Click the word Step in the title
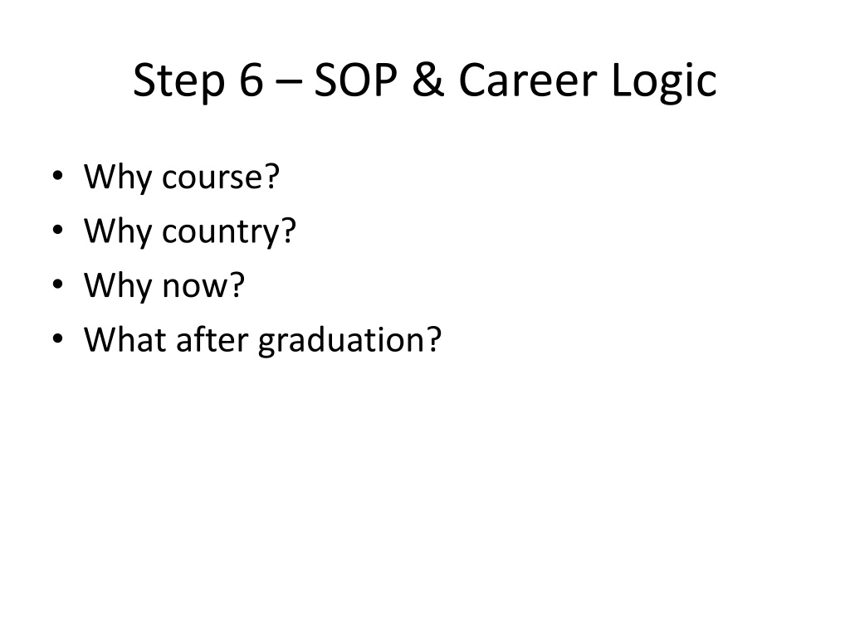point(178,82)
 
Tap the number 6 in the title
point(252,80)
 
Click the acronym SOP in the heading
point(355,80)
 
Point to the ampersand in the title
point(428,80)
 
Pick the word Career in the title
point(528,80)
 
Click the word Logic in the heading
point(664,82)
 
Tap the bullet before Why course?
point(58,176)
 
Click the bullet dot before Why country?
point(58,230)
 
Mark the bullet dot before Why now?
point(58,284)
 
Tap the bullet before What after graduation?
point(58,338)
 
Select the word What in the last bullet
point(125,339)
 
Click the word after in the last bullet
point(212,339)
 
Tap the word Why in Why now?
point(118,287)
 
